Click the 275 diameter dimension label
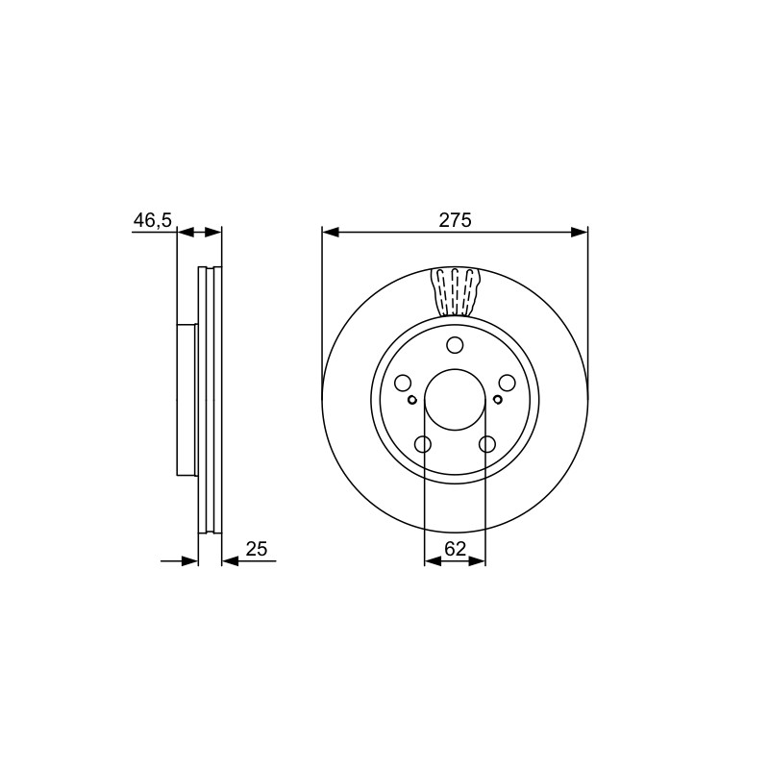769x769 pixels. (x=455, y=220)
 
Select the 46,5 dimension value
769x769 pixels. (x=153, y=220)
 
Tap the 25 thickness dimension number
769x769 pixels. (x=257, y=549)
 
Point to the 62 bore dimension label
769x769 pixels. (x=455, y=549)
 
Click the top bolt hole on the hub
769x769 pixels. (x=455, y=345)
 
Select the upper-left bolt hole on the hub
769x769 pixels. (x=403, y=383)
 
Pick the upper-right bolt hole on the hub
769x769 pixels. (x=508, y=383)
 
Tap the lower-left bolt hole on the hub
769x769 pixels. (x=423, y=444)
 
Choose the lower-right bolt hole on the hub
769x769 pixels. (x=487, y=444)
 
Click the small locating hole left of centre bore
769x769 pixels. (x=412, y=400)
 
